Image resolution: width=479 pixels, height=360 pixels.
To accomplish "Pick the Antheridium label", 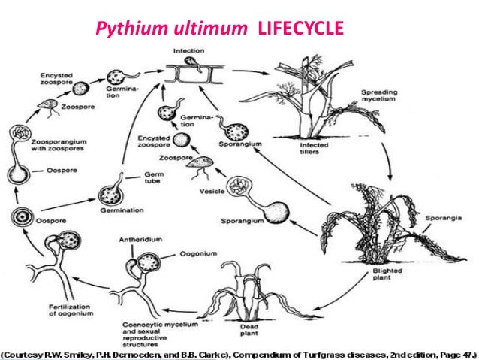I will (135, 241).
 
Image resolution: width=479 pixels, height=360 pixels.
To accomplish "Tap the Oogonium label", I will (197, 255).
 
